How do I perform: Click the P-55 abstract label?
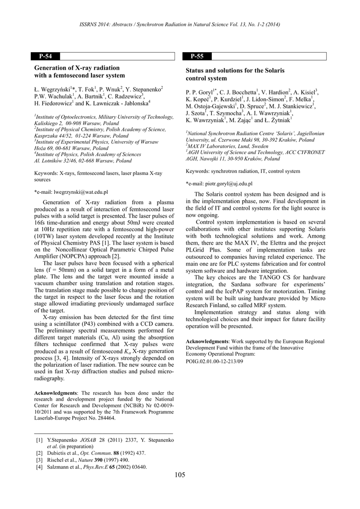pos(197,56)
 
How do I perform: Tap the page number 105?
pos(180,475)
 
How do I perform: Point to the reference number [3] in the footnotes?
pos(39,460)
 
